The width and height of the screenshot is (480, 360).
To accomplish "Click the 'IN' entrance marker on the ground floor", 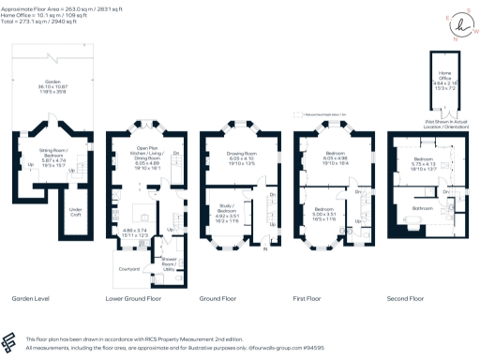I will tap(265, 249).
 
